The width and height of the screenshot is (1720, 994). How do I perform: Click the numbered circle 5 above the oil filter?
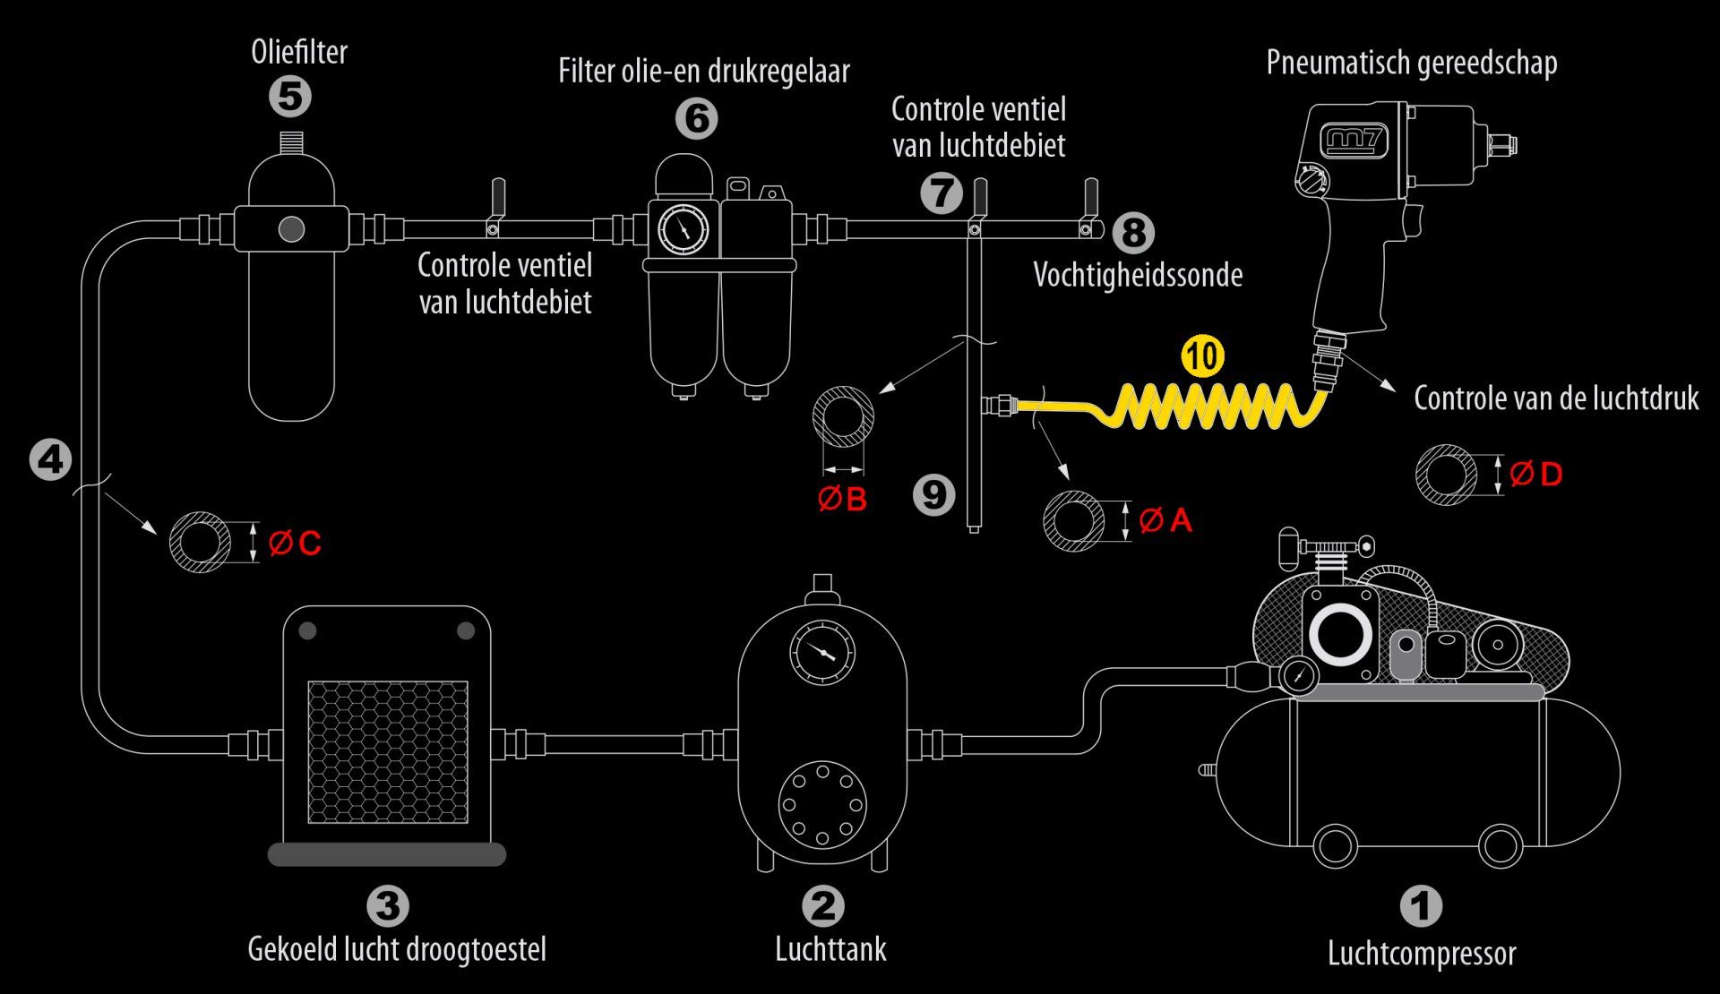(290, 96)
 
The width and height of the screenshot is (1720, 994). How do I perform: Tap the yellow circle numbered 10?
(1202, 356)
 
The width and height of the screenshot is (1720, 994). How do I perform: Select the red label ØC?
(295, 543)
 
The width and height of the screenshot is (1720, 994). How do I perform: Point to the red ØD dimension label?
(1535, 474)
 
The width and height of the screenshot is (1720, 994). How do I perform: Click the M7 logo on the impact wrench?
(1355, 141)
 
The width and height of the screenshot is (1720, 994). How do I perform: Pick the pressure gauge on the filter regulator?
(684, 229)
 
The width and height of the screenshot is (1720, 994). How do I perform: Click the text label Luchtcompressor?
(1422, 954)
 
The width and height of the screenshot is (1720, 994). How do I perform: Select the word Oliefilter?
(299, 52)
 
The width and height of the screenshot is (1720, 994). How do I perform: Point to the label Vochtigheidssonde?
(1138, 275)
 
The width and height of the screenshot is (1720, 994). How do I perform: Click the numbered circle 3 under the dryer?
(388, 906)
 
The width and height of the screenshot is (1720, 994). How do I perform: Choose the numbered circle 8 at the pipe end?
(1133, 233)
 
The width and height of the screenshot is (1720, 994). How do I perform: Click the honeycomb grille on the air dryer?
(388, 752)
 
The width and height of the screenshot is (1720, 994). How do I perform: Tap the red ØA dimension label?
(1165, 520)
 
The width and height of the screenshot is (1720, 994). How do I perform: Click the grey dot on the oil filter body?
(291, 229)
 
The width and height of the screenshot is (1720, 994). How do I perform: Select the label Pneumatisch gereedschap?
(1412, 63)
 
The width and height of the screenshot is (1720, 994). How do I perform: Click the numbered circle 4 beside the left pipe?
(50, 460)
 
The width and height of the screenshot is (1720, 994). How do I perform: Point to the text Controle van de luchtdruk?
(1556, 398)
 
